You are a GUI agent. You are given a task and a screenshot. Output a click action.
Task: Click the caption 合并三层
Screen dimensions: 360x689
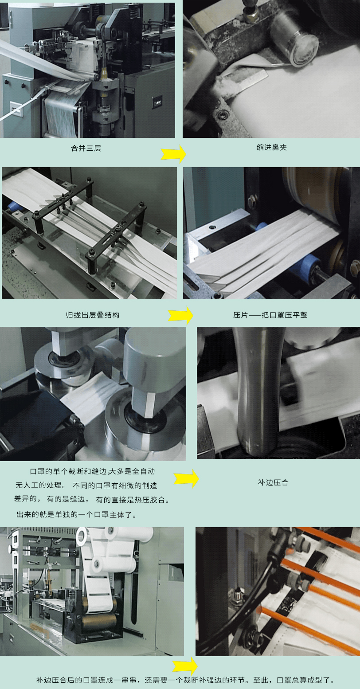[x=86, y=148]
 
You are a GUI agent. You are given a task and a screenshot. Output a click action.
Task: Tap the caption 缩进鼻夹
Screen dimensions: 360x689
[x=272, y=147]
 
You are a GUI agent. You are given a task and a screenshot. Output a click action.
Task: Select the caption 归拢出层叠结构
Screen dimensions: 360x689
[x=93, y=315]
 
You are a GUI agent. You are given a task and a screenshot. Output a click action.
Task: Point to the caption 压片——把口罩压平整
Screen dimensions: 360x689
[x=270, y=315]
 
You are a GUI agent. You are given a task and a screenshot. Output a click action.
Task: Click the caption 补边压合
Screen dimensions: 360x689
[x=273, y=482]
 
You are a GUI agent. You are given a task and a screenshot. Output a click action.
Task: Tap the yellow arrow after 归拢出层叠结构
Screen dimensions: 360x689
[x=181, y=315]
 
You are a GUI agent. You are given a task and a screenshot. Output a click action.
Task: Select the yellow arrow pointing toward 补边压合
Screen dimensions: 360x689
[x=187, y=478]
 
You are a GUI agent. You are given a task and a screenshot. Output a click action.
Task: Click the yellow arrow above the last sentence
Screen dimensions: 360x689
[x=185, y=666]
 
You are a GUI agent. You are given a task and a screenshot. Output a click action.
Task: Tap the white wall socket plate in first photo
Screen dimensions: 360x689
[x=16, y=109]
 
